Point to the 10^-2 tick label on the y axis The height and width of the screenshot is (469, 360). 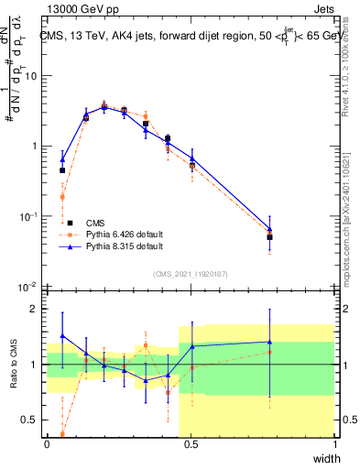click(x=29, y=287)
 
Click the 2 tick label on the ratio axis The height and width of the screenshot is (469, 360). click(x=35, y=309)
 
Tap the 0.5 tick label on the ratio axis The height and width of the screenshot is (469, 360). click(x=30, y=420)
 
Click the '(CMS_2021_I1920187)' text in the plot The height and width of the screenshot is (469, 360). click(x=190, y=273)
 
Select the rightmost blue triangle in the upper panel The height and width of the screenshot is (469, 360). click(x=269, y=230)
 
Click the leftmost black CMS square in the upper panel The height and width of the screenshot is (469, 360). click(x=62, y=170)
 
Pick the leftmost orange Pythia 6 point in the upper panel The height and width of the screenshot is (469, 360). click(x=62, y=197)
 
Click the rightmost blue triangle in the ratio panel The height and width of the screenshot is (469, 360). click(x=269, y=342)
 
